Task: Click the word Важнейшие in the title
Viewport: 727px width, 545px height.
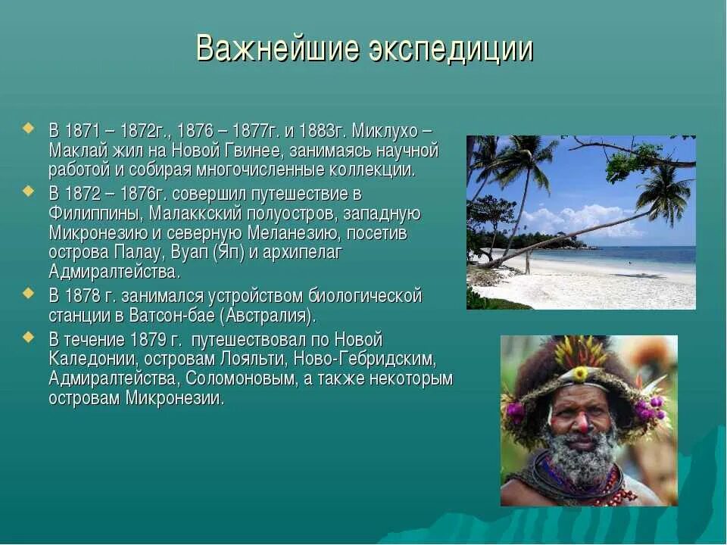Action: (x=276, y=49)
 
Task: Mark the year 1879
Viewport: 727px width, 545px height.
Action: (x=150, y=339)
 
